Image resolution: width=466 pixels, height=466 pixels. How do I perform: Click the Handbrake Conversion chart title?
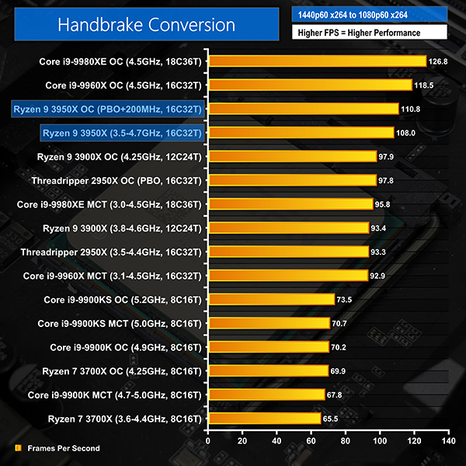[146, 25]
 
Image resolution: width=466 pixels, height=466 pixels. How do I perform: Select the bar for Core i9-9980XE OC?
[317, 61]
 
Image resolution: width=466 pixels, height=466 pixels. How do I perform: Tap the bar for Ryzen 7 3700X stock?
[263, 419]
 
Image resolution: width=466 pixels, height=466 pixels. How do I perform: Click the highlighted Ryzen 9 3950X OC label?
[107, 109]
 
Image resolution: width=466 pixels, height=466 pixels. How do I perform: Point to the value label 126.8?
[437, 61]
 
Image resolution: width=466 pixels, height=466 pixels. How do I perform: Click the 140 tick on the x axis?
[447, 440]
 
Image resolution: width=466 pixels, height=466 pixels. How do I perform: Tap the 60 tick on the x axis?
[311, 440]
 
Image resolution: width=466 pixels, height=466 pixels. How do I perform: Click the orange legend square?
[18, 448]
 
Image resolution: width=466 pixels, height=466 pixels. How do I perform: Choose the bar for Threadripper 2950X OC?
[291, 180]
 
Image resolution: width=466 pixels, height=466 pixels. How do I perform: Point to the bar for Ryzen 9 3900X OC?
[291, 156]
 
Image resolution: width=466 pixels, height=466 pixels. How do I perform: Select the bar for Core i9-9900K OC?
[268, 347]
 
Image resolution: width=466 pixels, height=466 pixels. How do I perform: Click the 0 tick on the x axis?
[207, 440]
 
